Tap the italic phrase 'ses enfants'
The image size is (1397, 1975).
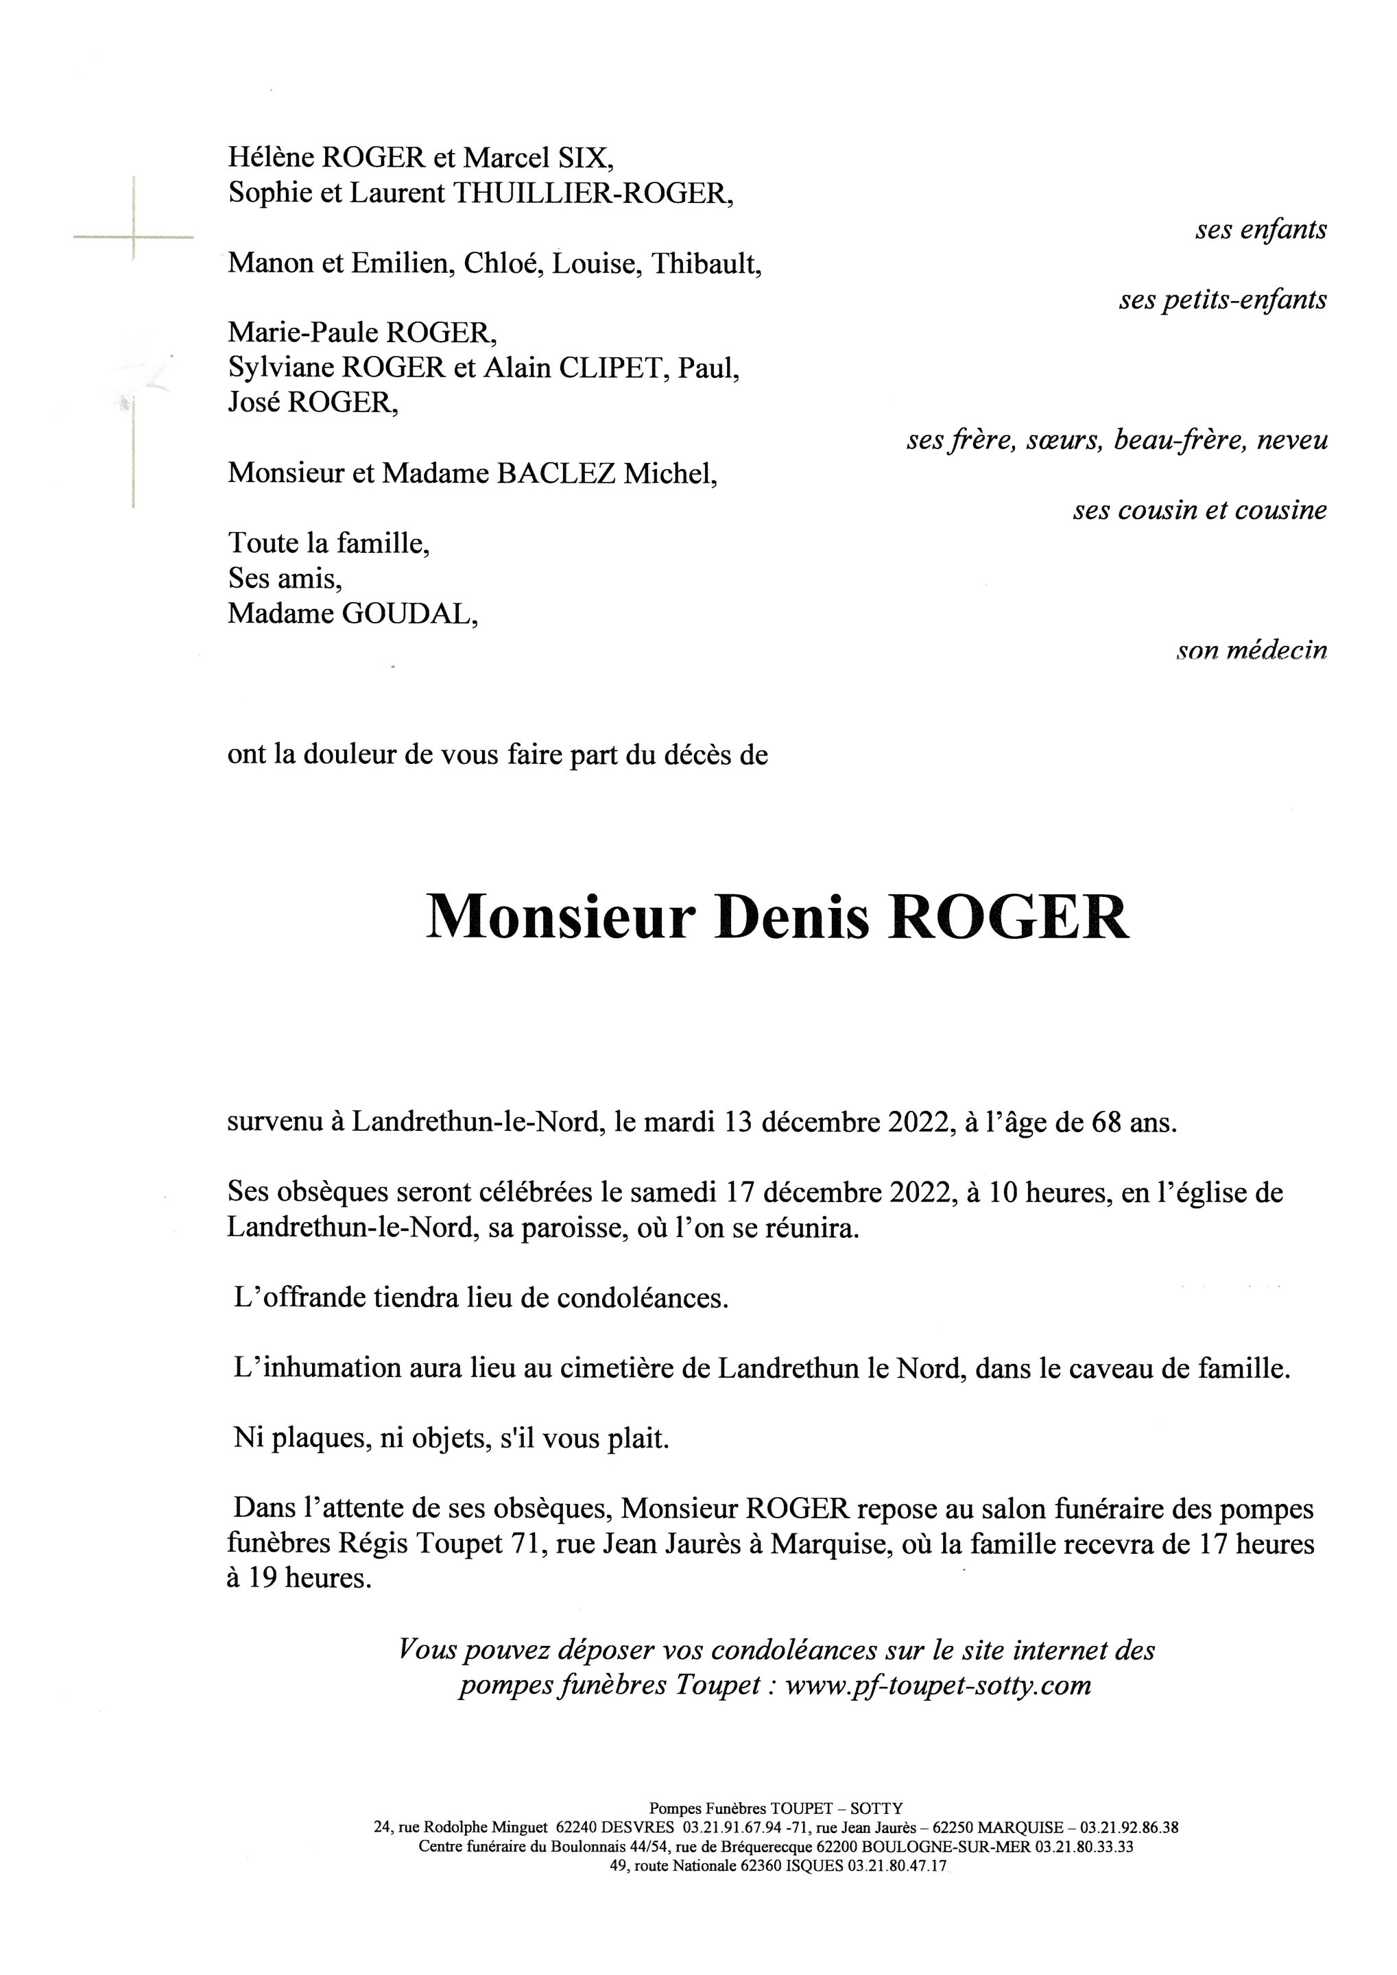coord(1261,230)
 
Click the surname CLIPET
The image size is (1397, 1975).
coord(614,369)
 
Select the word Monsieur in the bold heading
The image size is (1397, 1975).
coord(560,919)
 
